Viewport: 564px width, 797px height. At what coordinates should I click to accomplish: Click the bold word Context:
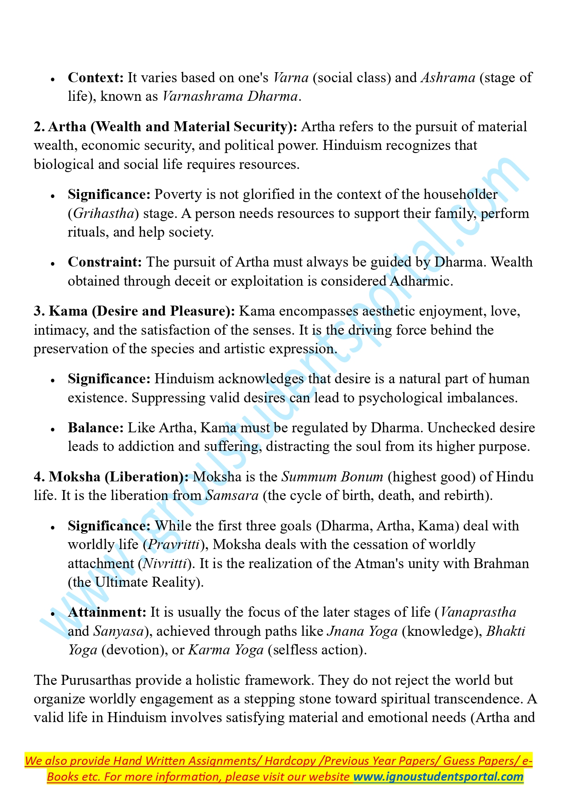95,78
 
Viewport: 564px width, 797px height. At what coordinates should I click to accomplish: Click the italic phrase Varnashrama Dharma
230,97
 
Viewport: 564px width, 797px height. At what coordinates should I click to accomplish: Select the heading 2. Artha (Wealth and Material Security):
165,127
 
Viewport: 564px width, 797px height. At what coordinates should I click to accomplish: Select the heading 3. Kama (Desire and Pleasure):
135,311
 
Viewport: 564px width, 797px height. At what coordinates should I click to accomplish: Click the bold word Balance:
96,428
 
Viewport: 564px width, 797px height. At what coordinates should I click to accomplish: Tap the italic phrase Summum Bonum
332,477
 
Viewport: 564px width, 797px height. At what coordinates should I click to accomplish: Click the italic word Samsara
232,495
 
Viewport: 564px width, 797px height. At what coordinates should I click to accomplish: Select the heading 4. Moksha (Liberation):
111,477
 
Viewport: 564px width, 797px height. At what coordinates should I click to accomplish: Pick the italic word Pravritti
174,545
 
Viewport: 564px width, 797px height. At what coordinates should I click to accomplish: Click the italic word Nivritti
165,564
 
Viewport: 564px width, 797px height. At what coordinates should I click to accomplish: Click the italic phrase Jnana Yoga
362,631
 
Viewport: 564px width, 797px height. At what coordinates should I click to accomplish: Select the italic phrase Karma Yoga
226,650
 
